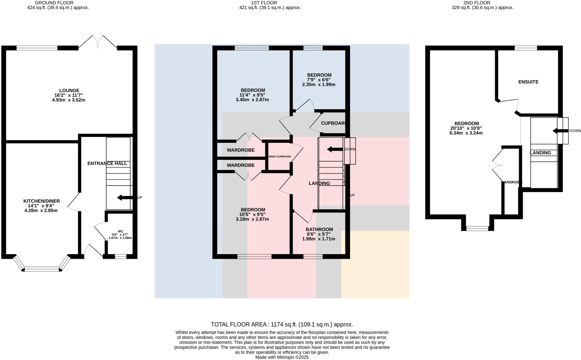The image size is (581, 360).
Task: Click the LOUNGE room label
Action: tap(69, 91)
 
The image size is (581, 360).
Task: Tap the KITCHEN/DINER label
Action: tap(41, 201)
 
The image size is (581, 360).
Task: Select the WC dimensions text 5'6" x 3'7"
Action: tap(120, 235)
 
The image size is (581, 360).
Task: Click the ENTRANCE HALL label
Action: tap(107, 164)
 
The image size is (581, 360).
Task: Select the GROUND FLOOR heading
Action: tap(54, 3)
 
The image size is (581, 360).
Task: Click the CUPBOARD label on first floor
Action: tap(333, 123)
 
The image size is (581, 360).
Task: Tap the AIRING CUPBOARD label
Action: tap(280, 157)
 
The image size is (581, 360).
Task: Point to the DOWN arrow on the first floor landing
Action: tap(335, 149)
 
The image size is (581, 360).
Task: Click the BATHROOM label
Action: tap(319, 229)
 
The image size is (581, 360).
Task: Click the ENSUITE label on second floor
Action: tap(528, 82)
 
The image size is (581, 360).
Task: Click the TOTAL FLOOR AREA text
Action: tap(282, 325)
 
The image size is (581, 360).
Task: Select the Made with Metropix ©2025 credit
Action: tap(282, 357)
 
